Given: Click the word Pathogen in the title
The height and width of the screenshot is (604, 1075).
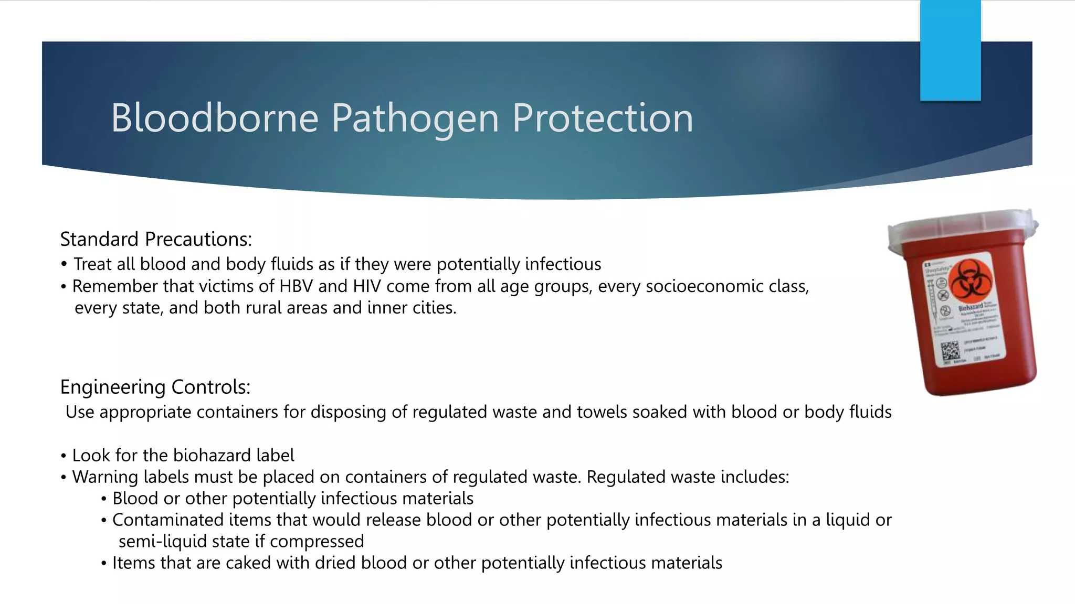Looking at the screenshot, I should click(x=415, y=118).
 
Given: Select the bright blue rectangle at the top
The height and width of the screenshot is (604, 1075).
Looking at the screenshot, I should click(x=950, y=50).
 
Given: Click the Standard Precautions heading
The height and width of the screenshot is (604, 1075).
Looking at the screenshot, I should click(x=156, y=240).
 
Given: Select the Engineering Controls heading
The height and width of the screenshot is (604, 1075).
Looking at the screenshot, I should click(x=155, y=387).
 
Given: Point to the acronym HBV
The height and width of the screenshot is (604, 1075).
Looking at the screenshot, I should click(x=296, y=286).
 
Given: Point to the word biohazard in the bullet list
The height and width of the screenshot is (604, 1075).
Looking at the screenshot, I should click(x=213, y=455).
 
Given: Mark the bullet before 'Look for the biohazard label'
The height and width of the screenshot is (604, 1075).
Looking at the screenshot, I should click(x=63, y=456).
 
